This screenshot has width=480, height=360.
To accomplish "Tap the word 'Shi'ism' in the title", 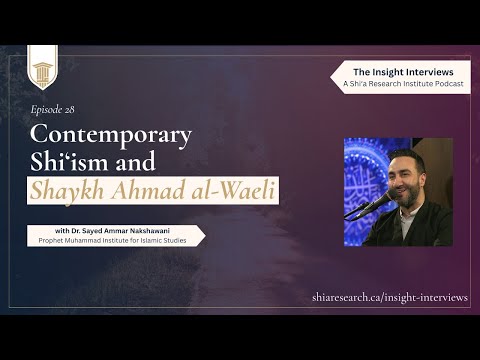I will tap(68, 160).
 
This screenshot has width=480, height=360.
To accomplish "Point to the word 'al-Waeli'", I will tap(203, 188).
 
